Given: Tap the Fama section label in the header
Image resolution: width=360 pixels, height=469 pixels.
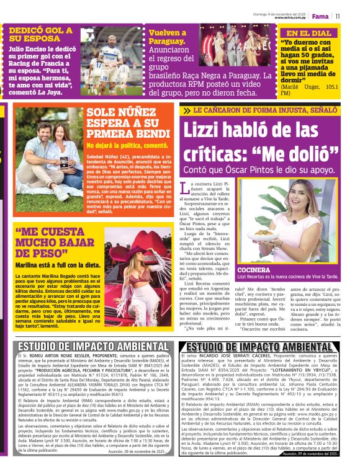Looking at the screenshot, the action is tap(321, 16).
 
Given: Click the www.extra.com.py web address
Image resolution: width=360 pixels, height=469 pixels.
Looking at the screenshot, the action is tap(290, 18).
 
